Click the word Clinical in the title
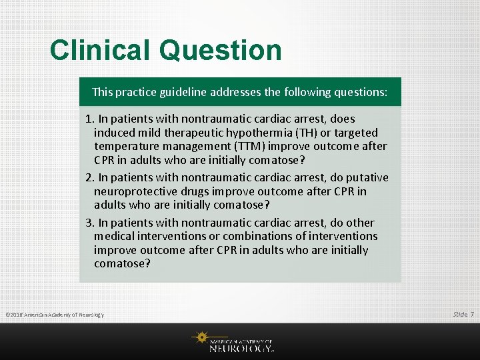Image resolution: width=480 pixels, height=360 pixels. (100, 51)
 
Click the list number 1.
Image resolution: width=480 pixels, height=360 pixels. (89, 119)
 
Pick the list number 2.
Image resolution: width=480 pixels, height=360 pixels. (89, 177)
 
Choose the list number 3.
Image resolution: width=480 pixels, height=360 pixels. (89, 223)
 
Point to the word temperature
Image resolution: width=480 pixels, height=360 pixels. (127, 147)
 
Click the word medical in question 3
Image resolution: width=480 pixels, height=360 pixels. (114, 237)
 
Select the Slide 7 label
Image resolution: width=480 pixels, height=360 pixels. (463, 314)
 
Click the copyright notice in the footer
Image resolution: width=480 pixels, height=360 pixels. (55, 315)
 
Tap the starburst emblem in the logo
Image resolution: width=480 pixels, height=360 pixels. (200, 337)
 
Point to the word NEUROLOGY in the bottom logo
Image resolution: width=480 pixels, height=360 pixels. (241, 348)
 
